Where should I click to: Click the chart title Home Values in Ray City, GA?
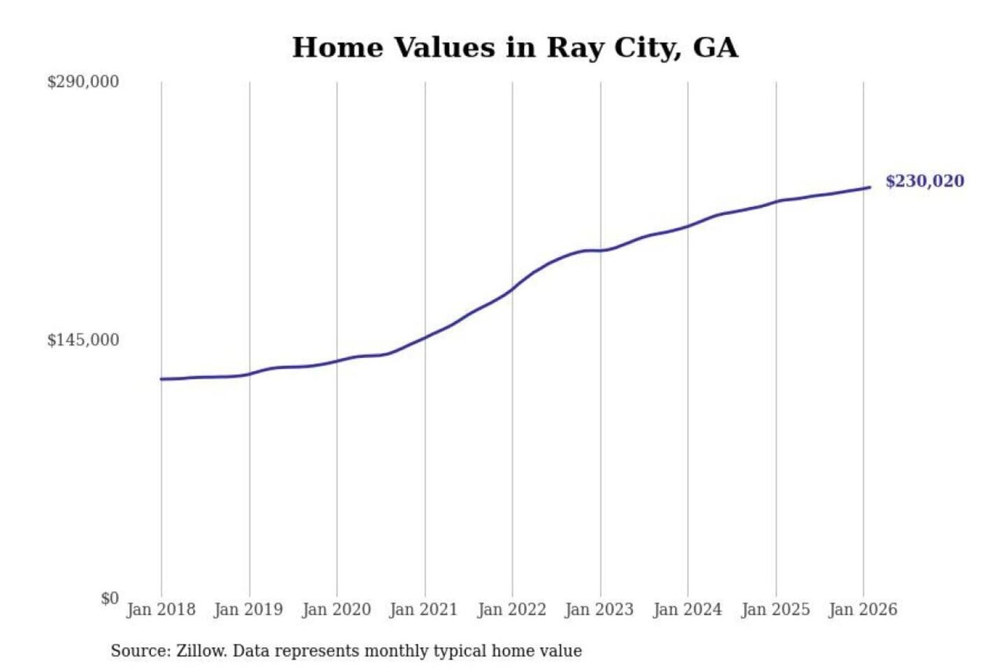click(515, 48)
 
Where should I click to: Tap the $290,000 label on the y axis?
click(83, 82)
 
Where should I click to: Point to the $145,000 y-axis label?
click(83, 340)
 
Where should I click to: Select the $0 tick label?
click(110, 598)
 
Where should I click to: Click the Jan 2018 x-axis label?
click(161, 609)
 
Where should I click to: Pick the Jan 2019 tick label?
click(249, 609)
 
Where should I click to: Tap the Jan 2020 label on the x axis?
click(336, 609)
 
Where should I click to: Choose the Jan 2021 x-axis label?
click(423, 609)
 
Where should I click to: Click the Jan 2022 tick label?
click(511, 609)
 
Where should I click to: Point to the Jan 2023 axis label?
click(599, 609)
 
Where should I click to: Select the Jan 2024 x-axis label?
click(687, 609)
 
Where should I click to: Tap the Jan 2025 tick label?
click(775, 609)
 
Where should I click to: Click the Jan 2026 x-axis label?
click(863, 609)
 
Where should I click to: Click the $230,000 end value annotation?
click(924, 181)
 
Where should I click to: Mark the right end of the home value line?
click(870, 187)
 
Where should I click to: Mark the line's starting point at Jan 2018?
click(161, 379)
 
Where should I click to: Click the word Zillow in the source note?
click(201, 651)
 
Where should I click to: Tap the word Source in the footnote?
click(140, 651)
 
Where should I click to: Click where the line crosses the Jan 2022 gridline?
click(512, 289)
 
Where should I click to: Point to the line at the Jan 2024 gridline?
click(687, 226)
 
